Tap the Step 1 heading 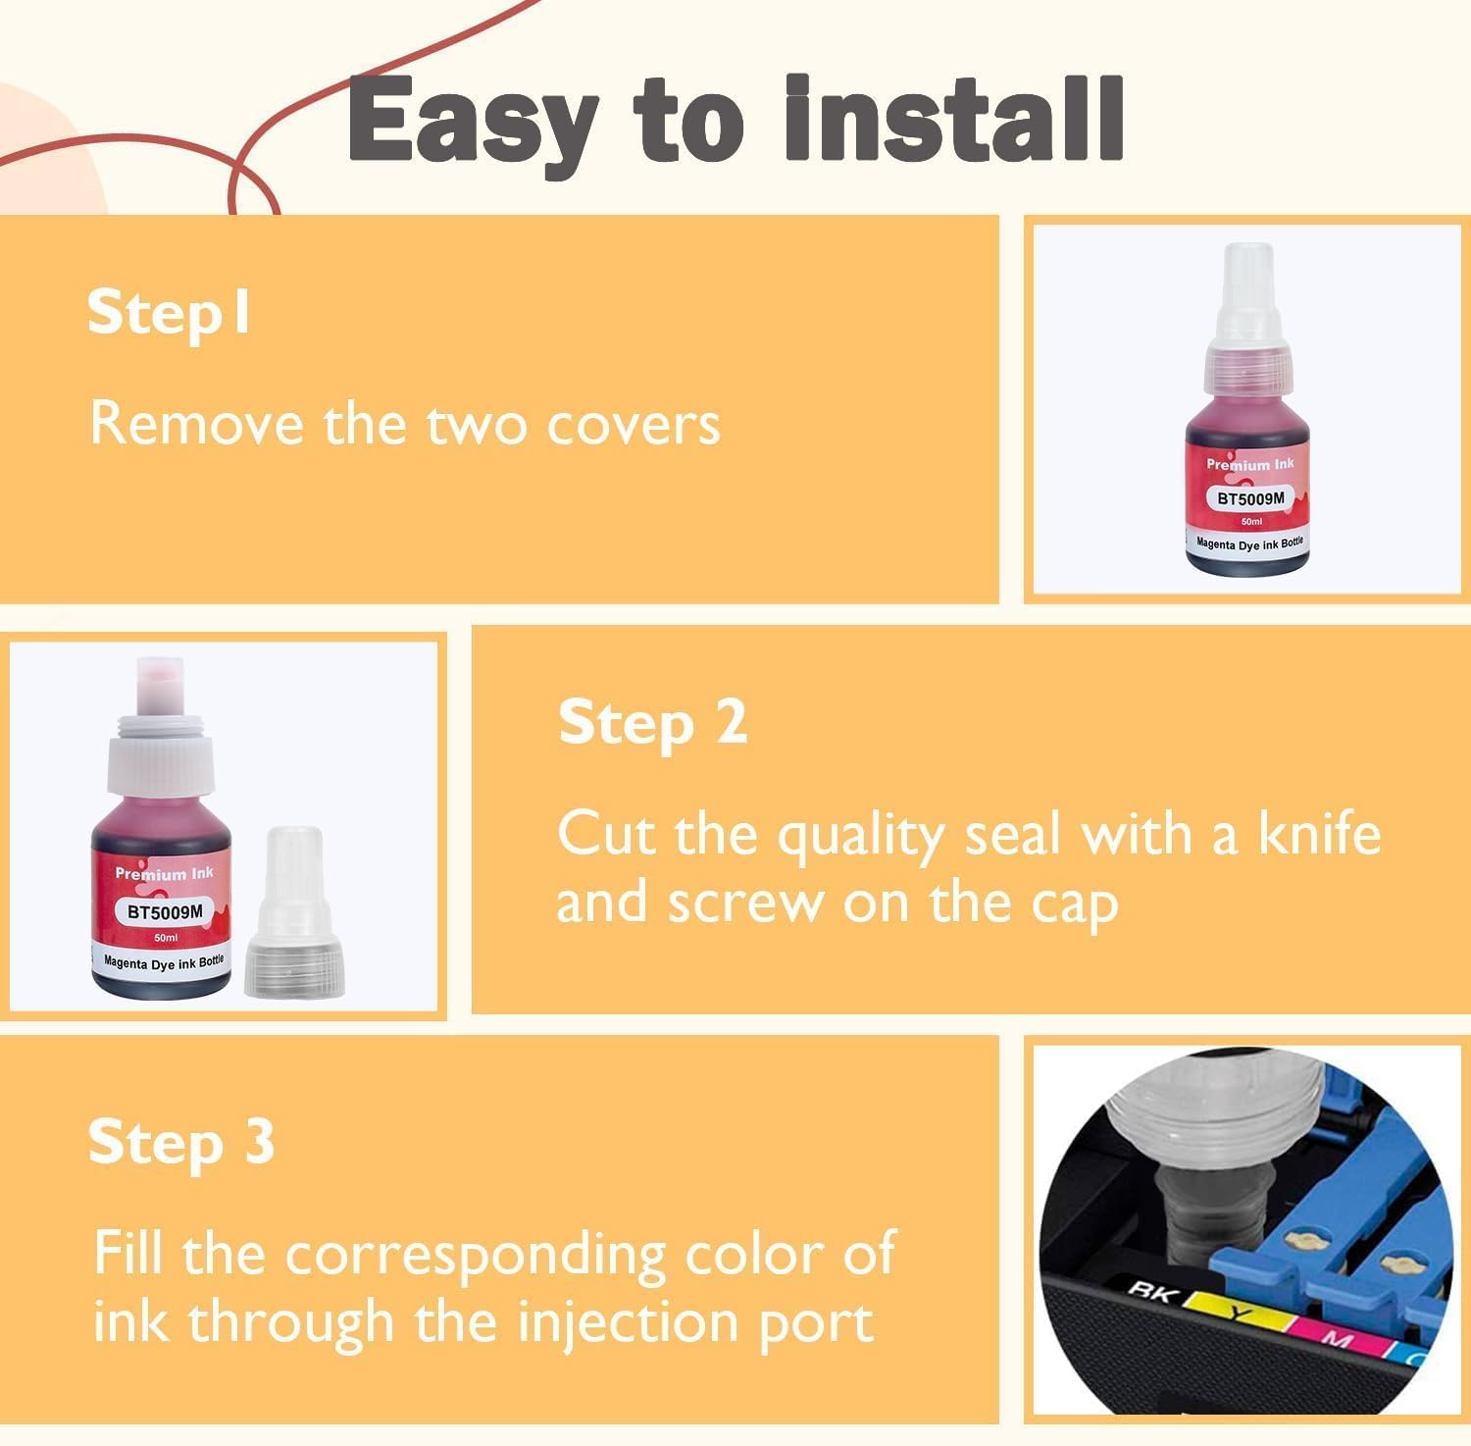pos(169,314)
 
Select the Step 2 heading pos(652,724)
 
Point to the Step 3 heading pos(181,1143)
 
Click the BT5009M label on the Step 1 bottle pos(1249,498)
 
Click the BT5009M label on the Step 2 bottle pos(165,911)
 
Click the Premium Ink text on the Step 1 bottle pos(1249,464)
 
